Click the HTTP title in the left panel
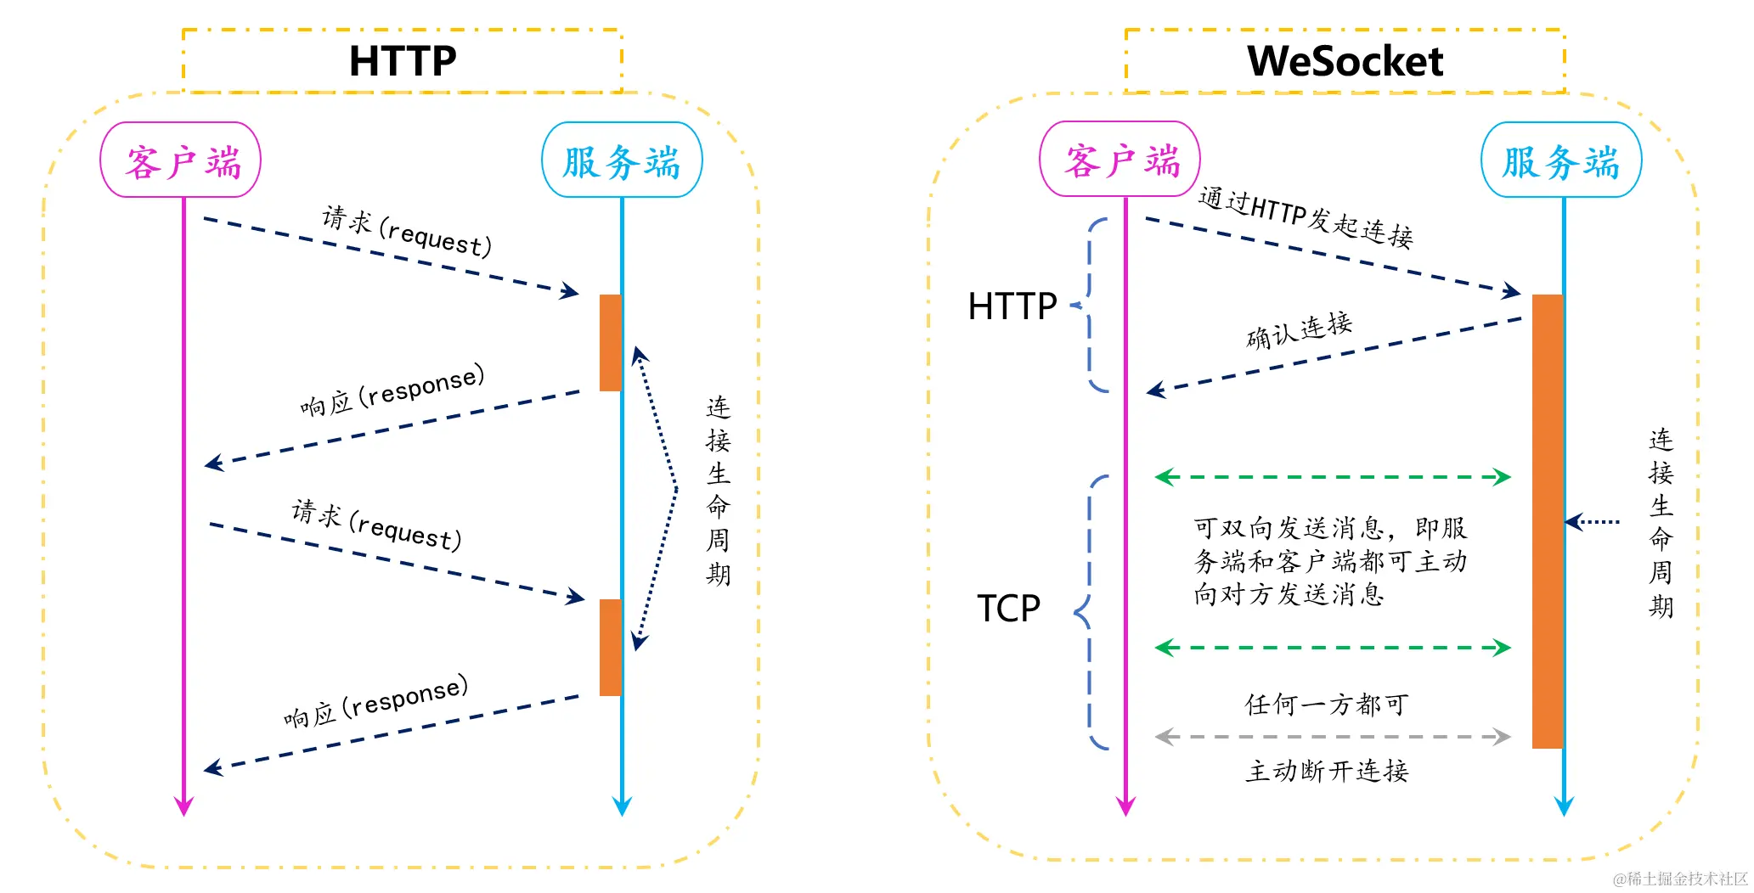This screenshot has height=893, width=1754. coord(403,61)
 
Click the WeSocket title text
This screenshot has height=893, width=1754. coord(1345,61)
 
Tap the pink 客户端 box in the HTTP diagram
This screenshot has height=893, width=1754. coord(181,160)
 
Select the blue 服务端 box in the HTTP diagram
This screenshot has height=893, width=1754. coord(622,160)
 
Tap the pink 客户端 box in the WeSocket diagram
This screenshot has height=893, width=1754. coord(1120,160)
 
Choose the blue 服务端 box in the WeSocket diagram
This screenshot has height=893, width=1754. coord(1561,160)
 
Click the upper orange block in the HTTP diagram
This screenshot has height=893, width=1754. coord(610,343)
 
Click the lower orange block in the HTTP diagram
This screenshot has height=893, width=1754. coord(610,648)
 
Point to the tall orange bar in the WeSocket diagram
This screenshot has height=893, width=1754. coord(1547,521)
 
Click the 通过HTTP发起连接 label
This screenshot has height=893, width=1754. coord(1306,217)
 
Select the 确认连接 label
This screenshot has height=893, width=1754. coord(1299,330)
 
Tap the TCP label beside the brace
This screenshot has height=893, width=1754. coord(1008,609)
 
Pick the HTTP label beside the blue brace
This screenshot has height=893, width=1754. coord(1012,306)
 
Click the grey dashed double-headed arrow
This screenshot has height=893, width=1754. coord(1333,737)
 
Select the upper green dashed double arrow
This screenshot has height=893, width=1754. coord(1333,477)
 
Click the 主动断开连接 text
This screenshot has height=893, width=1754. coord(1327,771)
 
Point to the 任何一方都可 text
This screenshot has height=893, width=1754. coord(1327,704)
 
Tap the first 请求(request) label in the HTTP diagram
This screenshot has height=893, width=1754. coord(407,231)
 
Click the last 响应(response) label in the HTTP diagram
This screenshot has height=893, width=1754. coord(376,701)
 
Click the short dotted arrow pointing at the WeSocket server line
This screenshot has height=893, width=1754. coord(1593,521)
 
